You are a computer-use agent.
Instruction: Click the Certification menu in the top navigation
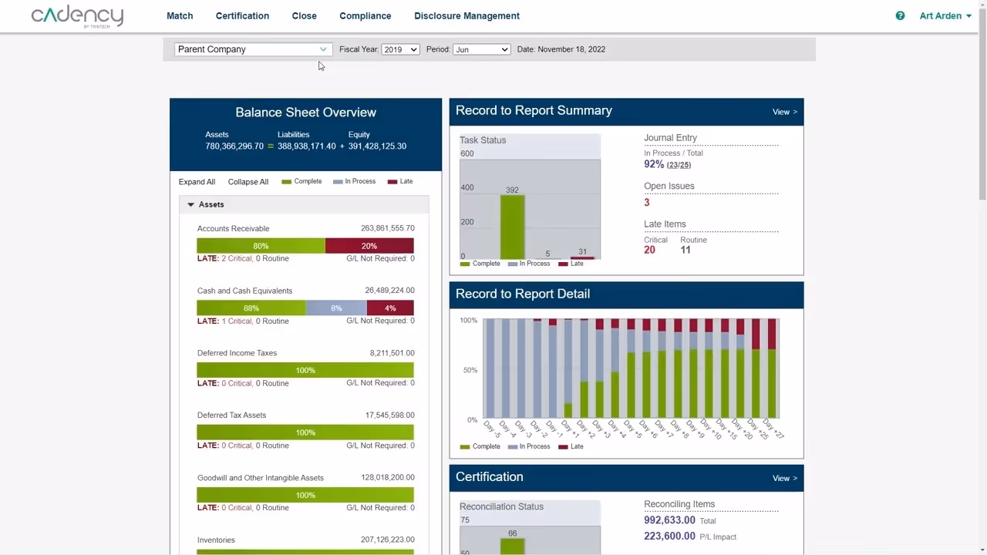(x=242, y=15)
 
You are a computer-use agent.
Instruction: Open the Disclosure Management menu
(x=467, y=15)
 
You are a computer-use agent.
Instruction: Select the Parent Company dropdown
(x=252, y=49)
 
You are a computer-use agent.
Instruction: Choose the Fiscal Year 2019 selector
(x=399, y=49)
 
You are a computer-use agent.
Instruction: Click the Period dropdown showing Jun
(x=481, y=49)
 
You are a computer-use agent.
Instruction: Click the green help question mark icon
(x=900, y=15)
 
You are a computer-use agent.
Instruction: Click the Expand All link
(x=197, y=182)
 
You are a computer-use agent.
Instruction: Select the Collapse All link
(x=248, y=182)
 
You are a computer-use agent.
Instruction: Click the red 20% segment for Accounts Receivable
(x=369, y=246)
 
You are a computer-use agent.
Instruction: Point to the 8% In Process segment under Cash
(x=336, y=308)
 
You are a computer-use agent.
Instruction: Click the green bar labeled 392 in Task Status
(x=512, y=227)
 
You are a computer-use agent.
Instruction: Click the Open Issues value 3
(x=647, y=203)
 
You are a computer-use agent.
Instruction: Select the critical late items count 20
(x=649, y=250)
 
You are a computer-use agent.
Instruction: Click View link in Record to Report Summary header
(x=784, y=112)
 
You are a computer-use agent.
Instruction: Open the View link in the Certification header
(x=784, y=478)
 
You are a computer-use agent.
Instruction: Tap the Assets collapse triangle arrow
(x=190, y=204)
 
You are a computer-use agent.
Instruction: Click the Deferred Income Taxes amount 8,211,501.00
(x=392, y=353)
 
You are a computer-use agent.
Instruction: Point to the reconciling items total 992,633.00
(x=669, y=520)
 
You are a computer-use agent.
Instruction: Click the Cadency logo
(x=77, y=15)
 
